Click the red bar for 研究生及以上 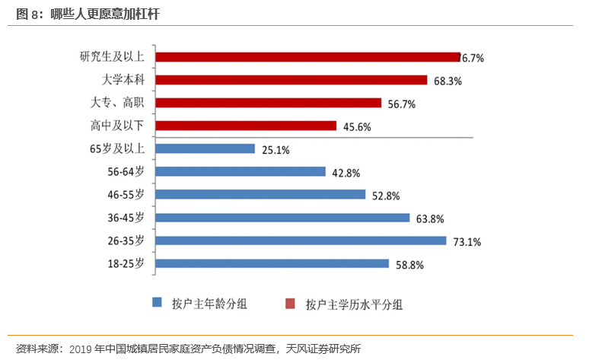(x=307, y=57)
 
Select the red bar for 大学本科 (x=292, y=80)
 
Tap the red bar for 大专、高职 (x=269, y=103)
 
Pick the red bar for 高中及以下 (x=246, y=126)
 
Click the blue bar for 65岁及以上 (x=205, y=149)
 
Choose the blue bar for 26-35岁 (x=301, y=241)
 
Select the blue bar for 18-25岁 (x=272, y=263)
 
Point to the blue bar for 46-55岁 (x=260, y=195)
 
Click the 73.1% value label (x=467, y=242)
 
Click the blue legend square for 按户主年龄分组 (x=158, y=302)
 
